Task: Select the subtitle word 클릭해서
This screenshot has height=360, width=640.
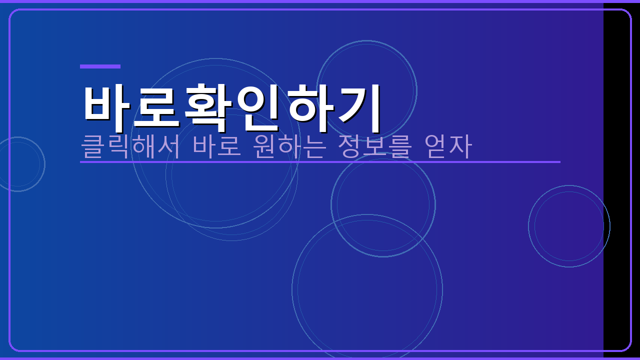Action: [x=130, y=146]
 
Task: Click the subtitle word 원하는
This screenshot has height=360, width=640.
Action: [x=289, y=146]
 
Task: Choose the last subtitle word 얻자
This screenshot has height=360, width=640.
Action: [x=447, y=146]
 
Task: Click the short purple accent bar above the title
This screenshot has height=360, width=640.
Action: [x=100, y=66]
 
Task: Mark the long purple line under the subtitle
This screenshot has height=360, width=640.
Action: [x=320, y=162]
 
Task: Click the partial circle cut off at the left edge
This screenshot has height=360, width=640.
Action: [x=18, y=164]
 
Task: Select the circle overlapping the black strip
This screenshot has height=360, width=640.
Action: [x=569, y=226]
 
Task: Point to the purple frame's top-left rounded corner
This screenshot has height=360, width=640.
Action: [x=12, y=12]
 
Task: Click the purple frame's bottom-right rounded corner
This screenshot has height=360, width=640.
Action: [x=627, y=347]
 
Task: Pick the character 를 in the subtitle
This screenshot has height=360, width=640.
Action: [x=399, y=146]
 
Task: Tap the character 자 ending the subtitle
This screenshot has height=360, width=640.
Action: [x=460, y=146]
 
